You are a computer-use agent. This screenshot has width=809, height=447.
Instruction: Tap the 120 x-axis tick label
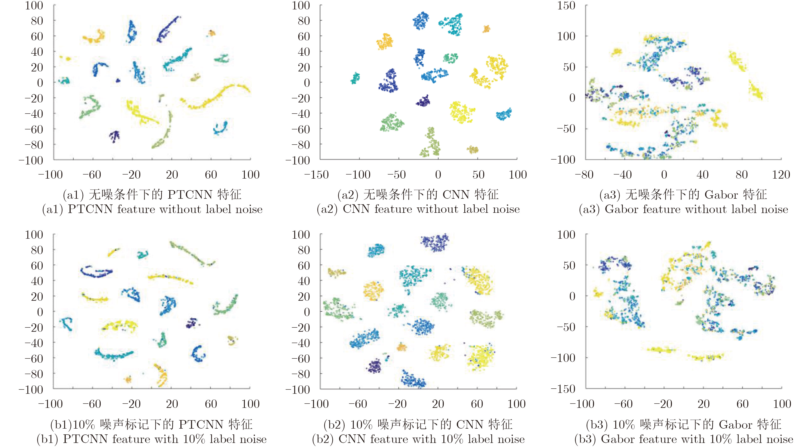click(781, 175)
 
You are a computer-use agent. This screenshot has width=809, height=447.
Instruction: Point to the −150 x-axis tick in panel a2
click(316, 175)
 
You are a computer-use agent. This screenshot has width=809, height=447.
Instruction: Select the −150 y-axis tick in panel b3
click(563, 389)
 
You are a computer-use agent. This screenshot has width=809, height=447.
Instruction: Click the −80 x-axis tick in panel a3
click(584, 175)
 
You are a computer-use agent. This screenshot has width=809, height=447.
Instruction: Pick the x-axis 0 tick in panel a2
click(438, 175)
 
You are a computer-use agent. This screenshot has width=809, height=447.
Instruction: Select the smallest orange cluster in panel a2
click(486, 29)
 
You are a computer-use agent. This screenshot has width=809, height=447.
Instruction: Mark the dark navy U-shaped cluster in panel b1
click(96, 272)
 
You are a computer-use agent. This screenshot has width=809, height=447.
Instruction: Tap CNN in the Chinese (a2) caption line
click(456, 195)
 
